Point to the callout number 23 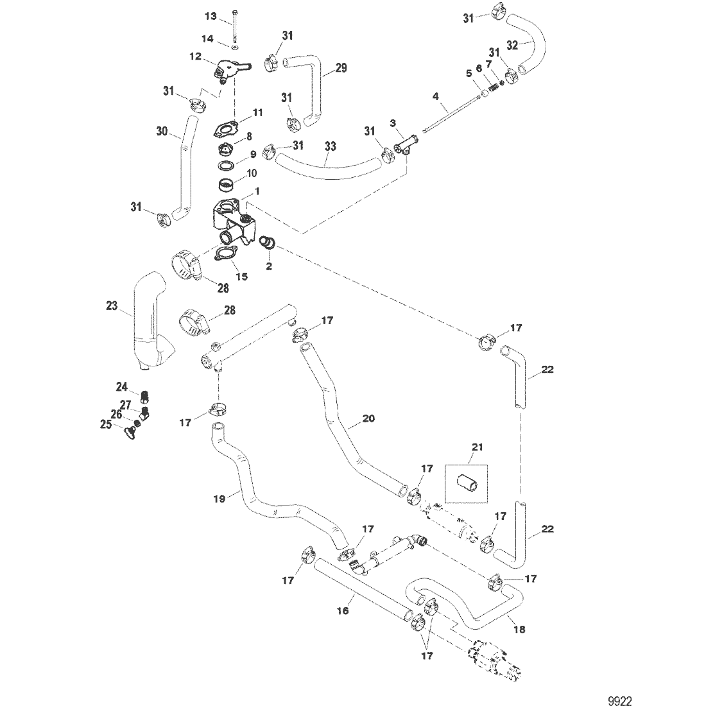click(112, 306)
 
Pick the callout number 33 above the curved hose click(330, 146)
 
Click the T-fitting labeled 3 click(404, 141)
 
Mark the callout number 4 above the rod click(436, 96)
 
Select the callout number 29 click(340, 67)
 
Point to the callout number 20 click(368, 418)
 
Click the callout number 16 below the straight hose click(343, 610)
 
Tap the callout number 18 click(519, 630)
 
